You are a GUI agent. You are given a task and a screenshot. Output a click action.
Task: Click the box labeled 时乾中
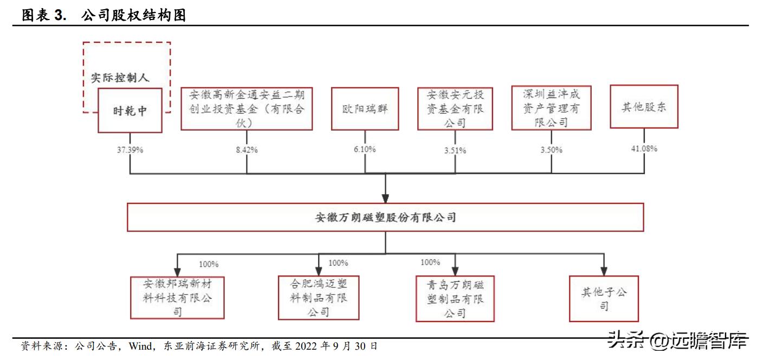tap(130, 111)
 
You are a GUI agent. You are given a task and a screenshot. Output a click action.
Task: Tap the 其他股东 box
tap(644, 107)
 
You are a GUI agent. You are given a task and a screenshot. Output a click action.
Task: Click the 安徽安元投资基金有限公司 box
tap(455, 109)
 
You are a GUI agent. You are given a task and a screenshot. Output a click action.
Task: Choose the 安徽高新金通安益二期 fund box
tap(247, 109)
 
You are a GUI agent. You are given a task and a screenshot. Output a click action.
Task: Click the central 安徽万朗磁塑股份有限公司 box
tap(385, 217)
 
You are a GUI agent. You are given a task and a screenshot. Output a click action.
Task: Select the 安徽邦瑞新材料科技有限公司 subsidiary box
tap(177, 298)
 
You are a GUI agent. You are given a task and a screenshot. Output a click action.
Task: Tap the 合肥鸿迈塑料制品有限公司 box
tap(319, 298)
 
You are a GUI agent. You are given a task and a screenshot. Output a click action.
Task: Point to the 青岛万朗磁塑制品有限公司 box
tap(455, 299)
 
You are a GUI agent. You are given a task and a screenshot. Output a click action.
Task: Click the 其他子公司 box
tap(604, 299)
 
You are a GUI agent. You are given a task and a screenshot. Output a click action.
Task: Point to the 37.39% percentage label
tap(130, 149)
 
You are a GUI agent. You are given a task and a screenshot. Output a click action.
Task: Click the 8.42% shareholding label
tap(247, 150)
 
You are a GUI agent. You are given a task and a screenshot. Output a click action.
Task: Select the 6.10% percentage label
tap(364, 149)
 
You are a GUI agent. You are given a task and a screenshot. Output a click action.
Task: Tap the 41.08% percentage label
tap(644, 149)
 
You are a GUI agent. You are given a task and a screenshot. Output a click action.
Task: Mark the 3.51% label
tap(455, 150)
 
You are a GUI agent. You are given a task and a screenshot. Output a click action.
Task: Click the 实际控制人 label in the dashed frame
tap(119, 78)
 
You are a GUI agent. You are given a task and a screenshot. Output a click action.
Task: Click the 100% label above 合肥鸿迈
tap(339, 263)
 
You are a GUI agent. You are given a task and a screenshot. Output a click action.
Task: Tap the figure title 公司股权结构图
tap(133, 15)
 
